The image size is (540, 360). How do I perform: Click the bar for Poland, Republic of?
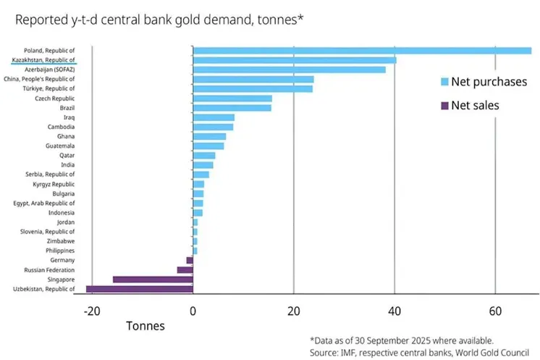pos(362,51)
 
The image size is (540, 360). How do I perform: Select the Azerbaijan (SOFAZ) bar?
pos(290,70)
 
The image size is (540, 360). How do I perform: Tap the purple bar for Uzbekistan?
pos(139,289)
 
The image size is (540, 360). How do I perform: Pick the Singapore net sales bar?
pos(153,279)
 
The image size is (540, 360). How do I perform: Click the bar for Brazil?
pos(232,108)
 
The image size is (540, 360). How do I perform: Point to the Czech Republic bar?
pos(232,98)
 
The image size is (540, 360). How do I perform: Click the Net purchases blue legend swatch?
pos(444,82)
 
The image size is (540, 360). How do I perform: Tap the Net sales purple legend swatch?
pos(444,106)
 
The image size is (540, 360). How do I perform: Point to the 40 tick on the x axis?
pos(394,311)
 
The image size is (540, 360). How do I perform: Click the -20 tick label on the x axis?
pos(91,311)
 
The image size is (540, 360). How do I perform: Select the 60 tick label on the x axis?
pos(495,311)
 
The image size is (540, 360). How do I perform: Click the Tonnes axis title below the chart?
pos(145,326)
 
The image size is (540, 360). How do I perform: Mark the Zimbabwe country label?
pos(59,240)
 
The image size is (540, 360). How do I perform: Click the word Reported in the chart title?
pos(42,20)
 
